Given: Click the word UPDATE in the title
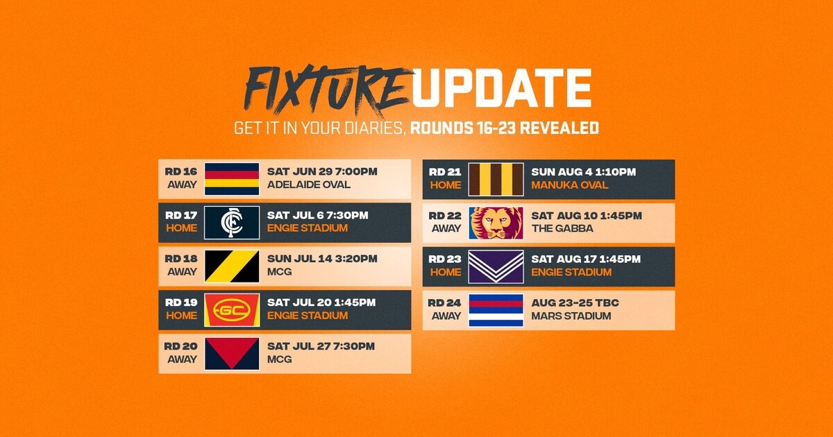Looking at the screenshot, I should point(500,88).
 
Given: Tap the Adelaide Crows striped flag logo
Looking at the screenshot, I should point(232,179).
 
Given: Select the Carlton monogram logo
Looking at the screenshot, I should point(232,223).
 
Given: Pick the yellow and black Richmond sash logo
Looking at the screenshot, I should point(232,266).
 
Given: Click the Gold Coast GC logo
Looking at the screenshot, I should point(232,310).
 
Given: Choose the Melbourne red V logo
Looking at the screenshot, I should point(232,354).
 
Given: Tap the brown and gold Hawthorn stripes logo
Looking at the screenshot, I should point(496,179).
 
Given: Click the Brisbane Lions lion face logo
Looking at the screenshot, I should point(496,223).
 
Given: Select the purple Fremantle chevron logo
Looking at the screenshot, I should point(496,266).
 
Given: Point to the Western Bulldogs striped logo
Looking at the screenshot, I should point(496,310).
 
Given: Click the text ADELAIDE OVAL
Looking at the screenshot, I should point(309,185).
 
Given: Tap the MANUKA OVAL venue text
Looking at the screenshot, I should point(569,185).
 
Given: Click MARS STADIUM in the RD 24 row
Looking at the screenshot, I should point(571,316).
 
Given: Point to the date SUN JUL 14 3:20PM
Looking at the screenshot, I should point(322,259).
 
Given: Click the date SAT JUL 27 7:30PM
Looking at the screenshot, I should point(321,346).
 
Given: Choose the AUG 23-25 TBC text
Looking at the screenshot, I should point(575,302).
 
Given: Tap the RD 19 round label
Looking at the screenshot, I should point(181,302).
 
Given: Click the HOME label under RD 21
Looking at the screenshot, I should point(445,185).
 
